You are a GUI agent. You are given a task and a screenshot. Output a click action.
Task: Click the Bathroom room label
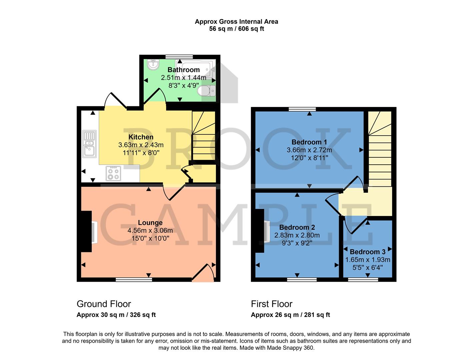(183, 70)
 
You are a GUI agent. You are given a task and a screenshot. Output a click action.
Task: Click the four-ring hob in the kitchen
(113, 173)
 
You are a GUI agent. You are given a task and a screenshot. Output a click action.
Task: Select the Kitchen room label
(141, 137)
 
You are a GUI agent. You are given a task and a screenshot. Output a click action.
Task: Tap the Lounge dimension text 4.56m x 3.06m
(150, 231)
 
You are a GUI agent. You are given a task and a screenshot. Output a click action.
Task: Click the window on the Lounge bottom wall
(134, 279)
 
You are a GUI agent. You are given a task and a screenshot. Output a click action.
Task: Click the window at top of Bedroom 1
(302, 109)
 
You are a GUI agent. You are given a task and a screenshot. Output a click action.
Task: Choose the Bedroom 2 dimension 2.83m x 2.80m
(297, 235)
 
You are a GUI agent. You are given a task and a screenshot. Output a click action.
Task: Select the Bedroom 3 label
(367, 252)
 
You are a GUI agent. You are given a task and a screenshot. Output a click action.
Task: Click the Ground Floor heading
(104, 304)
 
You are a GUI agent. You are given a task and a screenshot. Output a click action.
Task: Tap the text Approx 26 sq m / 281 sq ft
(290, 315)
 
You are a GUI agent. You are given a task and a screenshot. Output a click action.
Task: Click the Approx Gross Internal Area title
(236, 22)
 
